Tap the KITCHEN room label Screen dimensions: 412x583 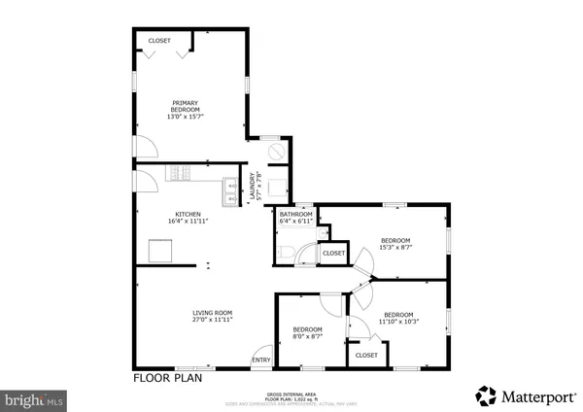click(x=188, y=218)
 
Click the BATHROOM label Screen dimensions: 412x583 click(x=294, y=214)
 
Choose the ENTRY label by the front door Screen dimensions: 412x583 click(x=262, y=360)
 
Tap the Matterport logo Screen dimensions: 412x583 click(x=520, y=395)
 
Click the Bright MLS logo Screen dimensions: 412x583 click(x=35, y=397)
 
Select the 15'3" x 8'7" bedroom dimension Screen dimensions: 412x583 click(x=395, y=248)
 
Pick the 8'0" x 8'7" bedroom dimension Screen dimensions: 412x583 click(x=308, y=336)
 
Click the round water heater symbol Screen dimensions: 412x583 click(x=274, y=154)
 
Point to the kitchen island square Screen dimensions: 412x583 click(x=159, y=251)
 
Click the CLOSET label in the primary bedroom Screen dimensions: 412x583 click(x=159, y=41)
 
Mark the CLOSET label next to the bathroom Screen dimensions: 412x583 click(x=333, y=253)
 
